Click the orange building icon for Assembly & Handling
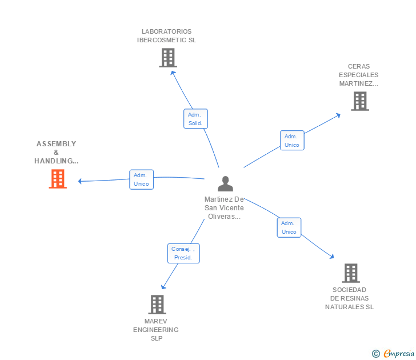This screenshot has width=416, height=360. pos(58,179)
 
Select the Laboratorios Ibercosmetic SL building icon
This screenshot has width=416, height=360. pos(167,58)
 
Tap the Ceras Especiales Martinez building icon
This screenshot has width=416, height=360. pos(359,101)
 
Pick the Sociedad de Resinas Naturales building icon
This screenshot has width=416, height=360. pos(350,273)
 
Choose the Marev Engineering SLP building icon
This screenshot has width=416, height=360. pos(157,305)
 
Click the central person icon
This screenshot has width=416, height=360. pos(225,183)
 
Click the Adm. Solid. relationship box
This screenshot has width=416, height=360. pos(195,119)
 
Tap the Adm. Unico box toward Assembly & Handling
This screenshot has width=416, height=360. pos(141,179)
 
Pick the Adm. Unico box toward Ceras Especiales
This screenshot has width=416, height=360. pos(292,141)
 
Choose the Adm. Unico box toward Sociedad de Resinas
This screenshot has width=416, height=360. pos(289,227)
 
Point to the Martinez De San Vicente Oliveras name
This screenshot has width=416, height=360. pos(224,208)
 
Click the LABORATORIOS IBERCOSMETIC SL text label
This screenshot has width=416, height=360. pos(167,36)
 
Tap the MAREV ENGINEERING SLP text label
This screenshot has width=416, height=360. pos(156,330)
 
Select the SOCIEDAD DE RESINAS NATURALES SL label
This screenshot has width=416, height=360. pos(349,298)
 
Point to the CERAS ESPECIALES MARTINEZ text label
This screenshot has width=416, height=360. pos(358,75)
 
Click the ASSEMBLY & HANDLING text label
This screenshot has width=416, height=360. pos(56,153)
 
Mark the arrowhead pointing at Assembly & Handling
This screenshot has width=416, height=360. pos(80,182)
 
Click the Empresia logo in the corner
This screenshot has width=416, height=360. pos(399,353)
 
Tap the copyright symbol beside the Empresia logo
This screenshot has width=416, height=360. pos(375,354)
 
